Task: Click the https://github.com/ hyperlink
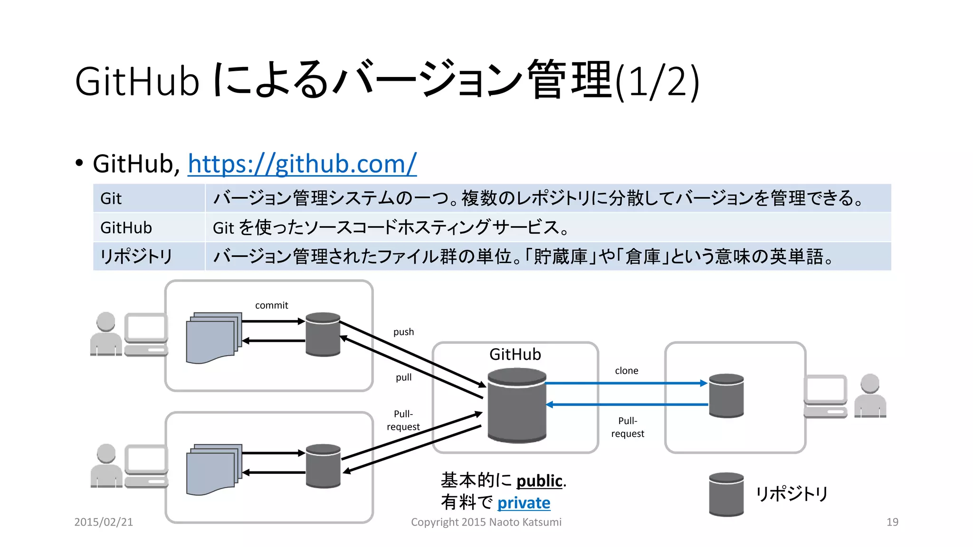click(302, 164)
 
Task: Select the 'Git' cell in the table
click(111, 198)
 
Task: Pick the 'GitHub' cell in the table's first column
click(126, 228)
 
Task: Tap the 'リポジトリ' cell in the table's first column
click(136, 257)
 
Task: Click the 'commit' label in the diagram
click(271, 305)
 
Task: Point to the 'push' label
click(403, 332)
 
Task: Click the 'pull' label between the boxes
click(403, 377)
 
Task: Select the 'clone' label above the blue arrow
click(626, 371)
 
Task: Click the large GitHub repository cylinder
click(517, 406)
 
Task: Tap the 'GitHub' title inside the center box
click(515, 355)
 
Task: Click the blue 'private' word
click(524, 503)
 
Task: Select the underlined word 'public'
click(539, 481)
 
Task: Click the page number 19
click(892, 522)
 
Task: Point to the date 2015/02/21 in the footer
click(104, 522)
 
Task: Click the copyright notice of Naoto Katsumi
click(486, 522)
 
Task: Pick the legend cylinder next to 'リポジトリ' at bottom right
click(726, 494)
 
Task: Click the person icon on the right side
click(870, 396)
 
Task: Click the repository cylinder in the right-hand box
click(726, 396)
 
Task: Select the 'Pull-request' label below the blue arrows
click(628, 427)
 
